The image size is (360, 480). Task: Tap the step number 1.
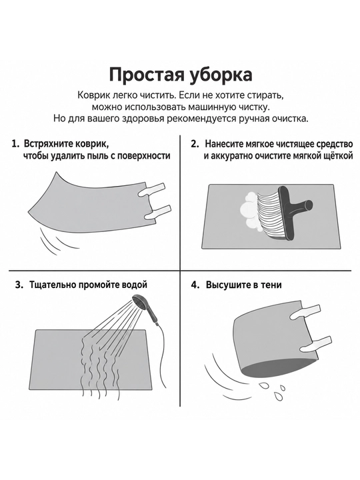click(x=15, y=143)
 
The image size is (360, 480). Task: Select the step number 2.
click(x=195, y=143)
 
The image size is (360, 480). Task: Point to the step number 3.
click(x=19, y=285)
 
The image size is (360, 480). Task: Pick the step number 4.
click(x=195, y=285)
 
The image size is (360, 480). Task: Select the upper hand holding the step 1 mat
click(x=152, y=191)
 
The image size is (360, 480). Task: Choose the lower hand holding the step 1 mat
click(x=157, y=213)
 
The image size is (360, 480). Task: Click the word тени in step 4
click(x=271, y=285)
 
